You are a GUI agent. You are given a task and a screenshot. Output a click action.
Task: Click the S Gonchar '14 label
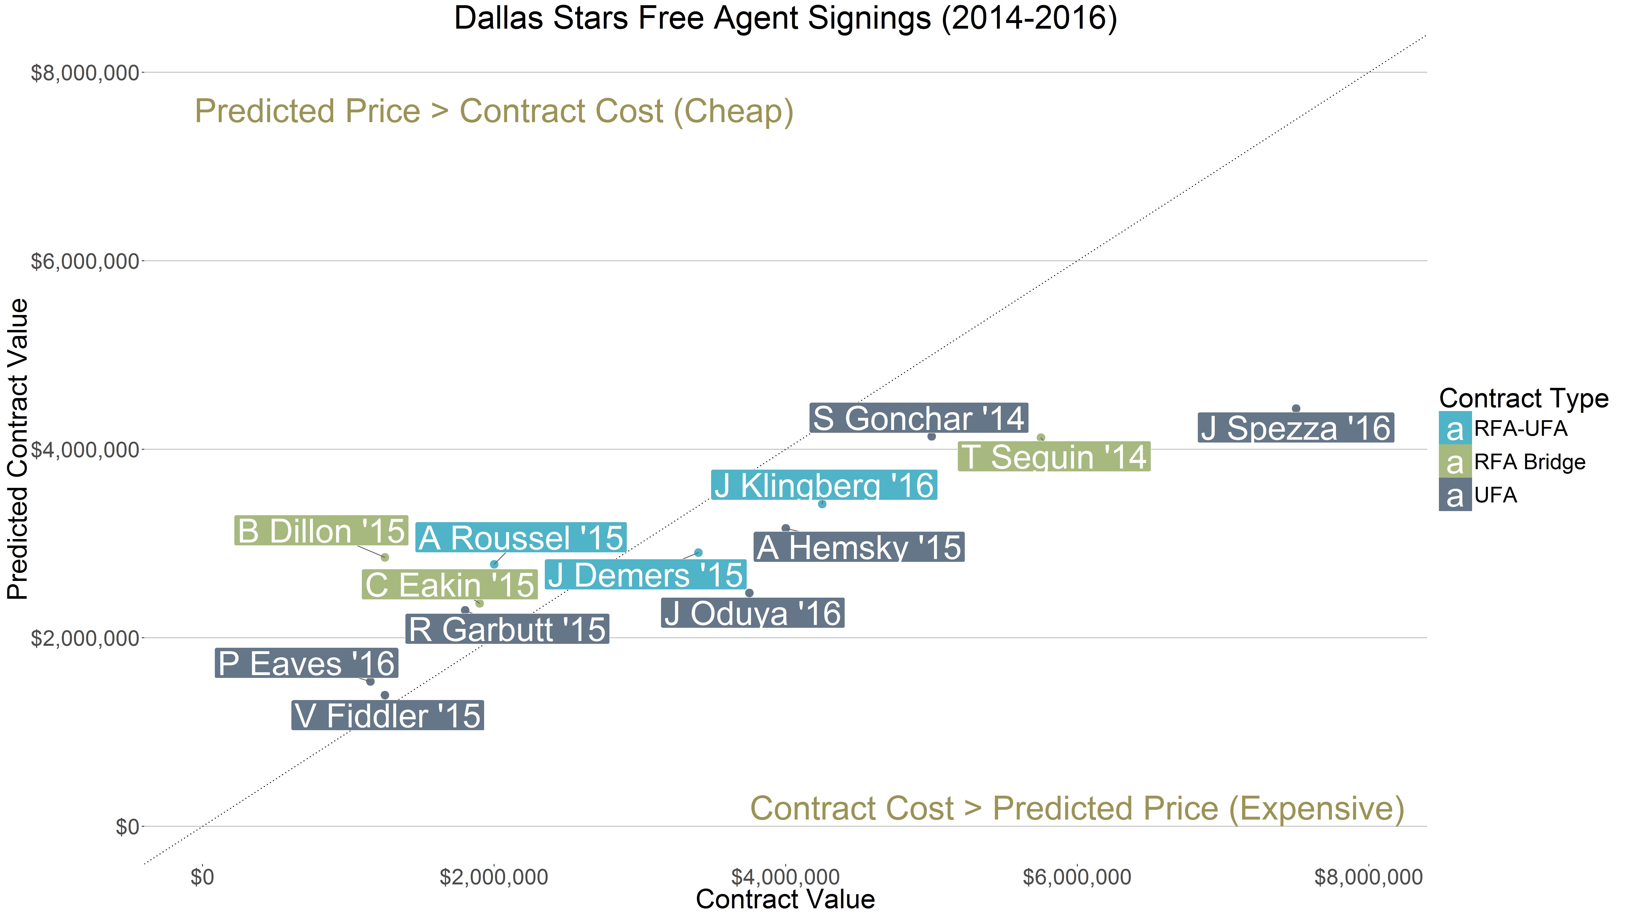(x=918, y=418)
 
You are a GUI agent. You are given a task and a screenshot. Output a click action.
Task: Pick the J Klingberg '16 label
(x=824, y=486)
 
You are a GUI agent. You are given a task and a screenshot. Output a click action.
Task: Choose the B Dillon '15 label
(x=321, y=530)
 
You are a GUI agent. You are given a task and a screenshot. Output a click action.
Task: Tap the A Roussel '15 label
(x=521, y=537)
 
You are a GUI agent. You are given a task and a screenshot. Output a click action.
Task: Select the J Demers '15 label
(x=645, y=575)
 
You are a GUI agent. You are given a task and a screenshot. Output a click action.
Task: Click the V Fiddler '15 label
(x=388, y=715)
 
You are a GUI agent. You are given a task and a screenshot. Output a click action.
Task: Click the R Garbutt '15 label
(x=507, y=629)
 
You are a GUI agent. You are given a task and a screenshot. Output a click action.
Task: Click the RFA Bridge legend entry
(x=1529, y=462)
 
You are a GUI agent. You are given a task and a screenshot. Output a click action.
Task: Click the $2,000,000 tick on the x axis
(x=494, y=877)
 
